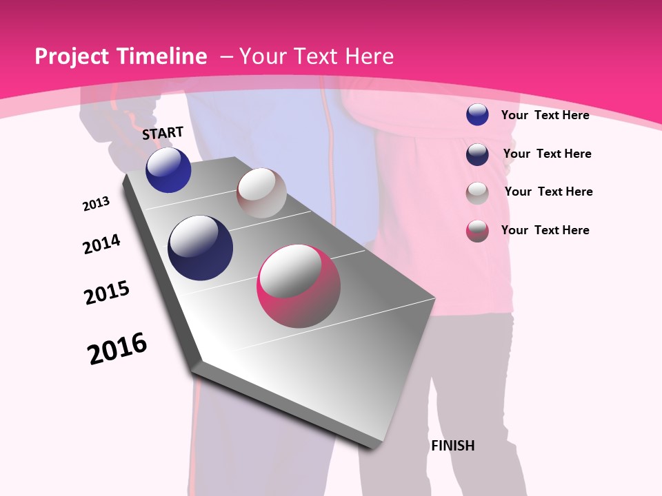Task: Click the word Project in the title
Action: tap(72, 56)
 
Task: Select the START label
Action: tap(163, 133)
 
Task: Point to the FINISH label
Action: tap(453, 446)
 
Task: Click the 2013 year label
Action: tap(96, 204)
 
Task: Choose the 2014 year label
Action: tap(101, 244)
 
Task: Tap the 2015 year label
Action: tap(107, 293)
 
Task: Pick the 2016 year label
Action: tap(117, 349)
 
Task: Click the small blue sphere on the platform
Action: tap(168, 170)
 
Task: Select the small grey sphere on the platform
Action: tap(261, 193)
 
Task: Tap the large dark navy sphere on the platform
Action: tap(201, 248)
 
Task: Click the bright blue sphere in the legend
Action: tap(477, 114)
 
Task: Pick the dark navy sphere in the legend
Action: tap(477, 154)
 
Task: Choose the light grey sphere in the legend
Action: tap(477, 192)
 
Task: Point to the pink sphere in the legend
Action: tap(477, 231)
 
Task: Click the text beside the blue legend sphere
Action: tap(545, 115)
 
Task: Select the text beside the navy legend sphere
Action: tap(547, 154)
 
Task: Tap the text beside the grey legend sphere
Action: tap(548, 192)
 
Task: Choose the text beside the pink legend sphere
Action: tap(545, 230)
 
